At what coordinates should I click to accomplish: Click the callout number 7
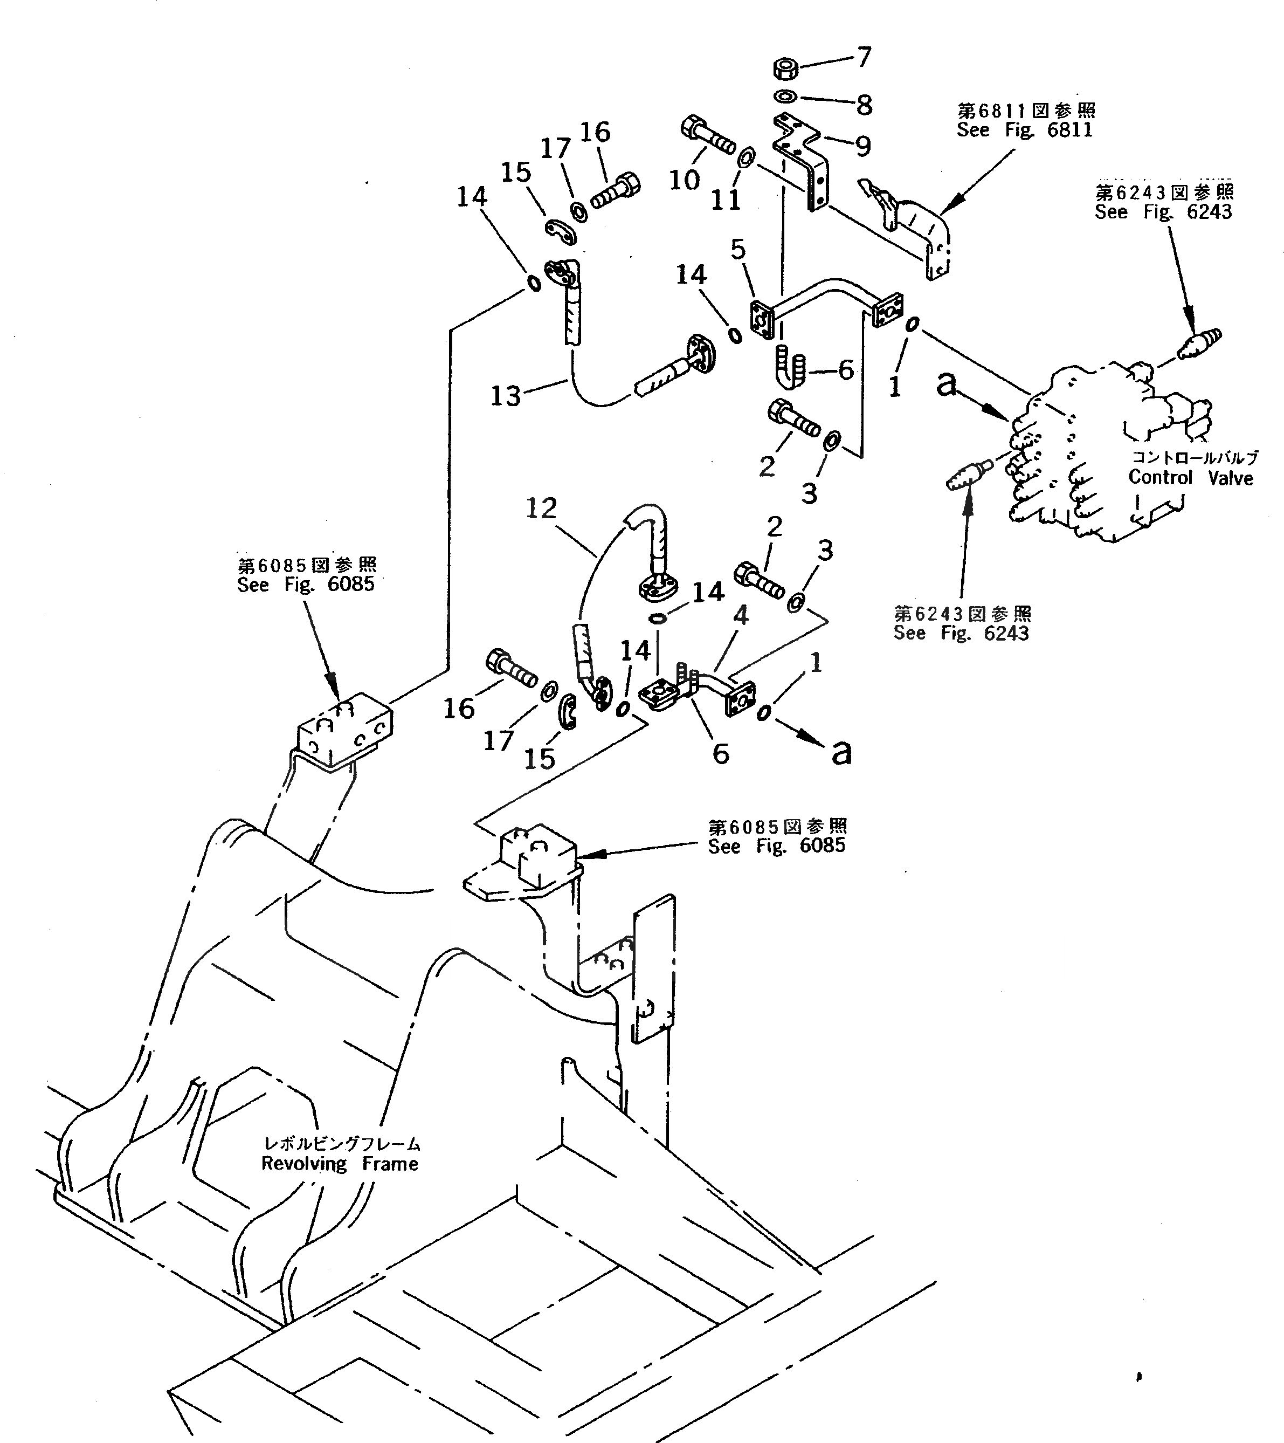[x=864, y=57]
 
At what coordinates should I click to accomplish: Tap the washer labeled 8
[x=785, y=96]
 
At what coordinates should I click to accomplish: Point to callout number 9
[x=862, y=146]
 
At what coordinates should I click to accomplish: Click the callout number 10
[x=684, y=180]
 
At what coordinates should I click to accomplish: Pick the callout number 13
[x=506, y=395]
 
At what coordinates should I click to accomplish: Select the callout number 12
[x=541, y=509]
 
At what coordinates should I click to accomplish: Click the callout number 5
[x=738, y=249]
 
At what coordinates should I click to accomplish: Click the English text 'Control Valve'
[x=1190, y=478]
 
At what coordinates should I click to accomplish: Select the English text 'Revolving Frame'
[x=340, y=1164]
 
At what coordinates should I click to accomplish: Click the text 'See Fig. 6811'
[x=1024, y=130]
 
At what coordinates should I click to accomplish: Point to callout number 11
[x=726, y=200]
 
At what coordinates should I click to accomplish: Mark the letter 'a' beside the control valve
[x=947, y=384]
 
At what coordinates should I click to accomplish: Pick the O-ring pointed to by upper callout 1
[x=912, y=324]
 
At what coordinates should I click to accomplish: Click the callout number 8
[x=864, y=105]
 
